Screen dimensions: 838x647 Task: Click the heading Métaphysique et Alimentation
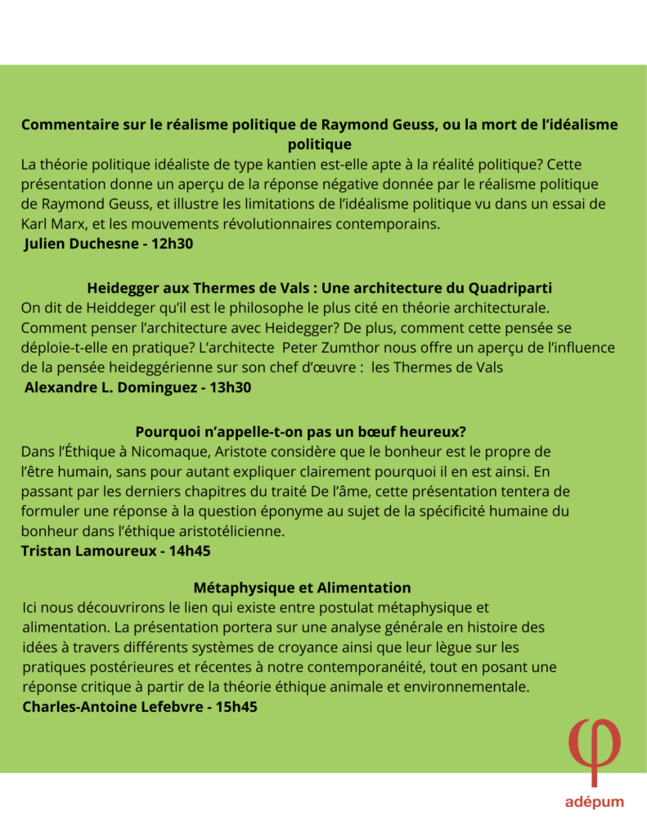click(x=303, y=588)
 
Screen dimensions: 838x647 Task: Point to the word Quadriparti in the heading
click(x=510, y=288)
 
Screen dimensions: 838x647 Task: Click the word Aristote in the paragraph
click(x=228, y=452)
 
